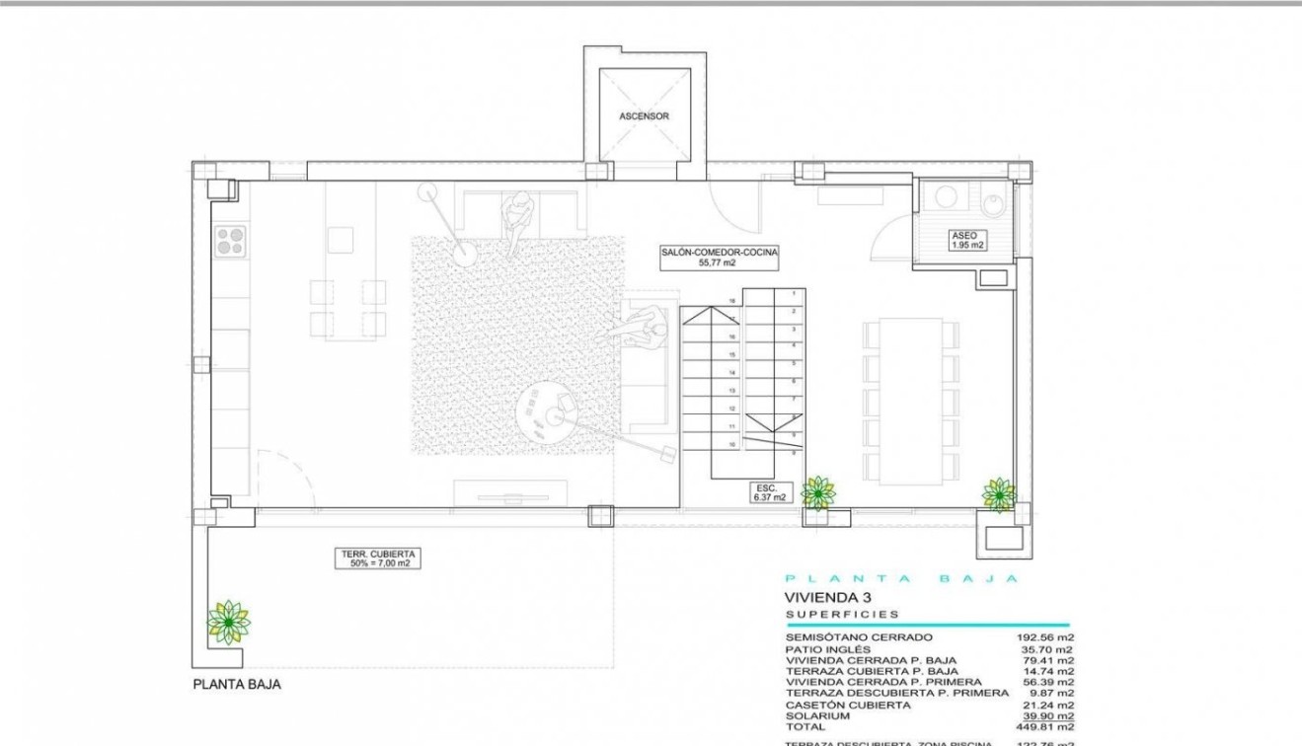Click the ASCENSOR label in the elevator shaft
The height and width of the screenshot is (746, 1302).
[644, 116]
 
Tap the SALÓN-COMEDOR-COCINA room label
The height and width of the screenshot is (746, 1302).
[720, 258]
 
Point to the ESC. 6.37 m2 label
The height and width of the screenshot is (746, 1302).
[770, 492]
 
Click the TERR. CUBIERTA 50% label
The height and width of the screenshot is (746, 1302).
[376, 559]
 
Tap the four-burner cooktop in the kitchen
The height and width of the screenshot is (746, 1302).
[230, 241]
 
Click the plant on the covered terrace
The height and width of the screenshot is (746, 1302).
[228, 623]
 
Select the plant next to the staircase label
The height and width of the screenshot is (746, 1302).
[818, 491]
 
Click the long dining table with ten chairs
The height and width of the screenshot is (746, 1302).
[910, 401]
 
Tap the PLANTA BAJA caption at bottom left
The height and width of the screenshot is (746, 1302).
[237, 684]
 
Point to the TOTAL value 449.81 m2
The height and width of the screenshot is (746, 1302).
[1046, 726]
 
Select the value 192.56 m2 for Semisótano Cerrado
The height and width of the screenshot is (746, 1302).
[1046, 637]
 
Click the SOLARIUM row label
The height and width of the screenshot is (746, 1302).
[814, 715]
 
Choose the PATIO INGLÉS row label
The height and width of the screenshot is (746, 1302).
[827, 649]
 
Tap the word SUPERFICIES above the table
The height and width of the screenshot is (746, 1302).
[842, 614]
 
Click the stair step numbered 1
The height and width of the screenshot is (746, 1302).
[793, 294]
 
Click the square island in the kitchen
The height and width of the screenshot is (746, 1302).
[341, 240]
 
